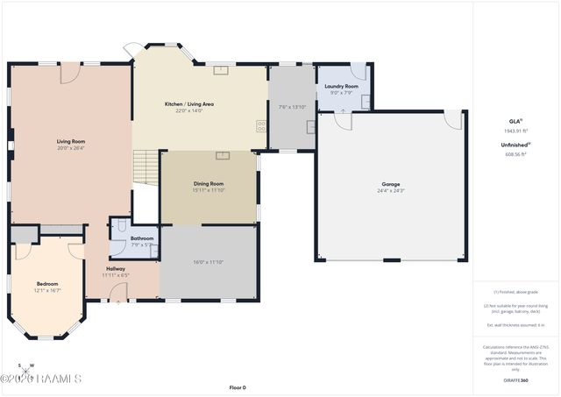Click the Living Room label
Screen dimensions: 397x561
pyautogui.click(x=71, y=141)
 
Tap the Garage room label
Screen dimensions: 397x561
pyautogui.click(x=390, y=183)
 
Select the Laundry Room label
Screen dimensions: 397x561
pyautogui.click(x=341, y=86)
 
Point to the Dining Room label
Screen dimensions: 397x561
pyautogui.click(x=209, y=183)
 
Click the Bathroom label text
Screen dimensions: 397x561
pyautogui.click(x=142, y=238)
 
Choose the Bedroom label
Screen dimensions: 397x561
pyautogui.click(x=47, y=283)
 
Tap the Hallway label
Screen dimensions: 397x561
pyautogui.click(x=116, y=268)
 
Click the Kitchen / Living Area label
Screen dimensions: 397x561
pyautogui.click(x=189, y=104)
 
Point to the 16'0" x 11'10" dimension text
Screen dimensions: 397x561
pyautogui.click(x=209, y=261)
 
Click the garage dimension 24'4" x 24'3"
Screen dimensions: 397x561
pyautogui.click(x=390, y=190)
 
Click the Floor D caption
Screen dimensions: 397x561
pyautogui.click(x=238, y=387)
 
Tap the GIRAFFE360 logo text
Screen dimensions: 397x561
pyautogui.click(x=515, y=381)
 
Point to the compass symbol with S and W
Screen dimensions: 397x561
pyautogui.click(x=26, y=367)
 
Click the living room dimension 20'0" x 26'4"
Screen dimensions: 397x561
pyautogui.click(x=71, y=148)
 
